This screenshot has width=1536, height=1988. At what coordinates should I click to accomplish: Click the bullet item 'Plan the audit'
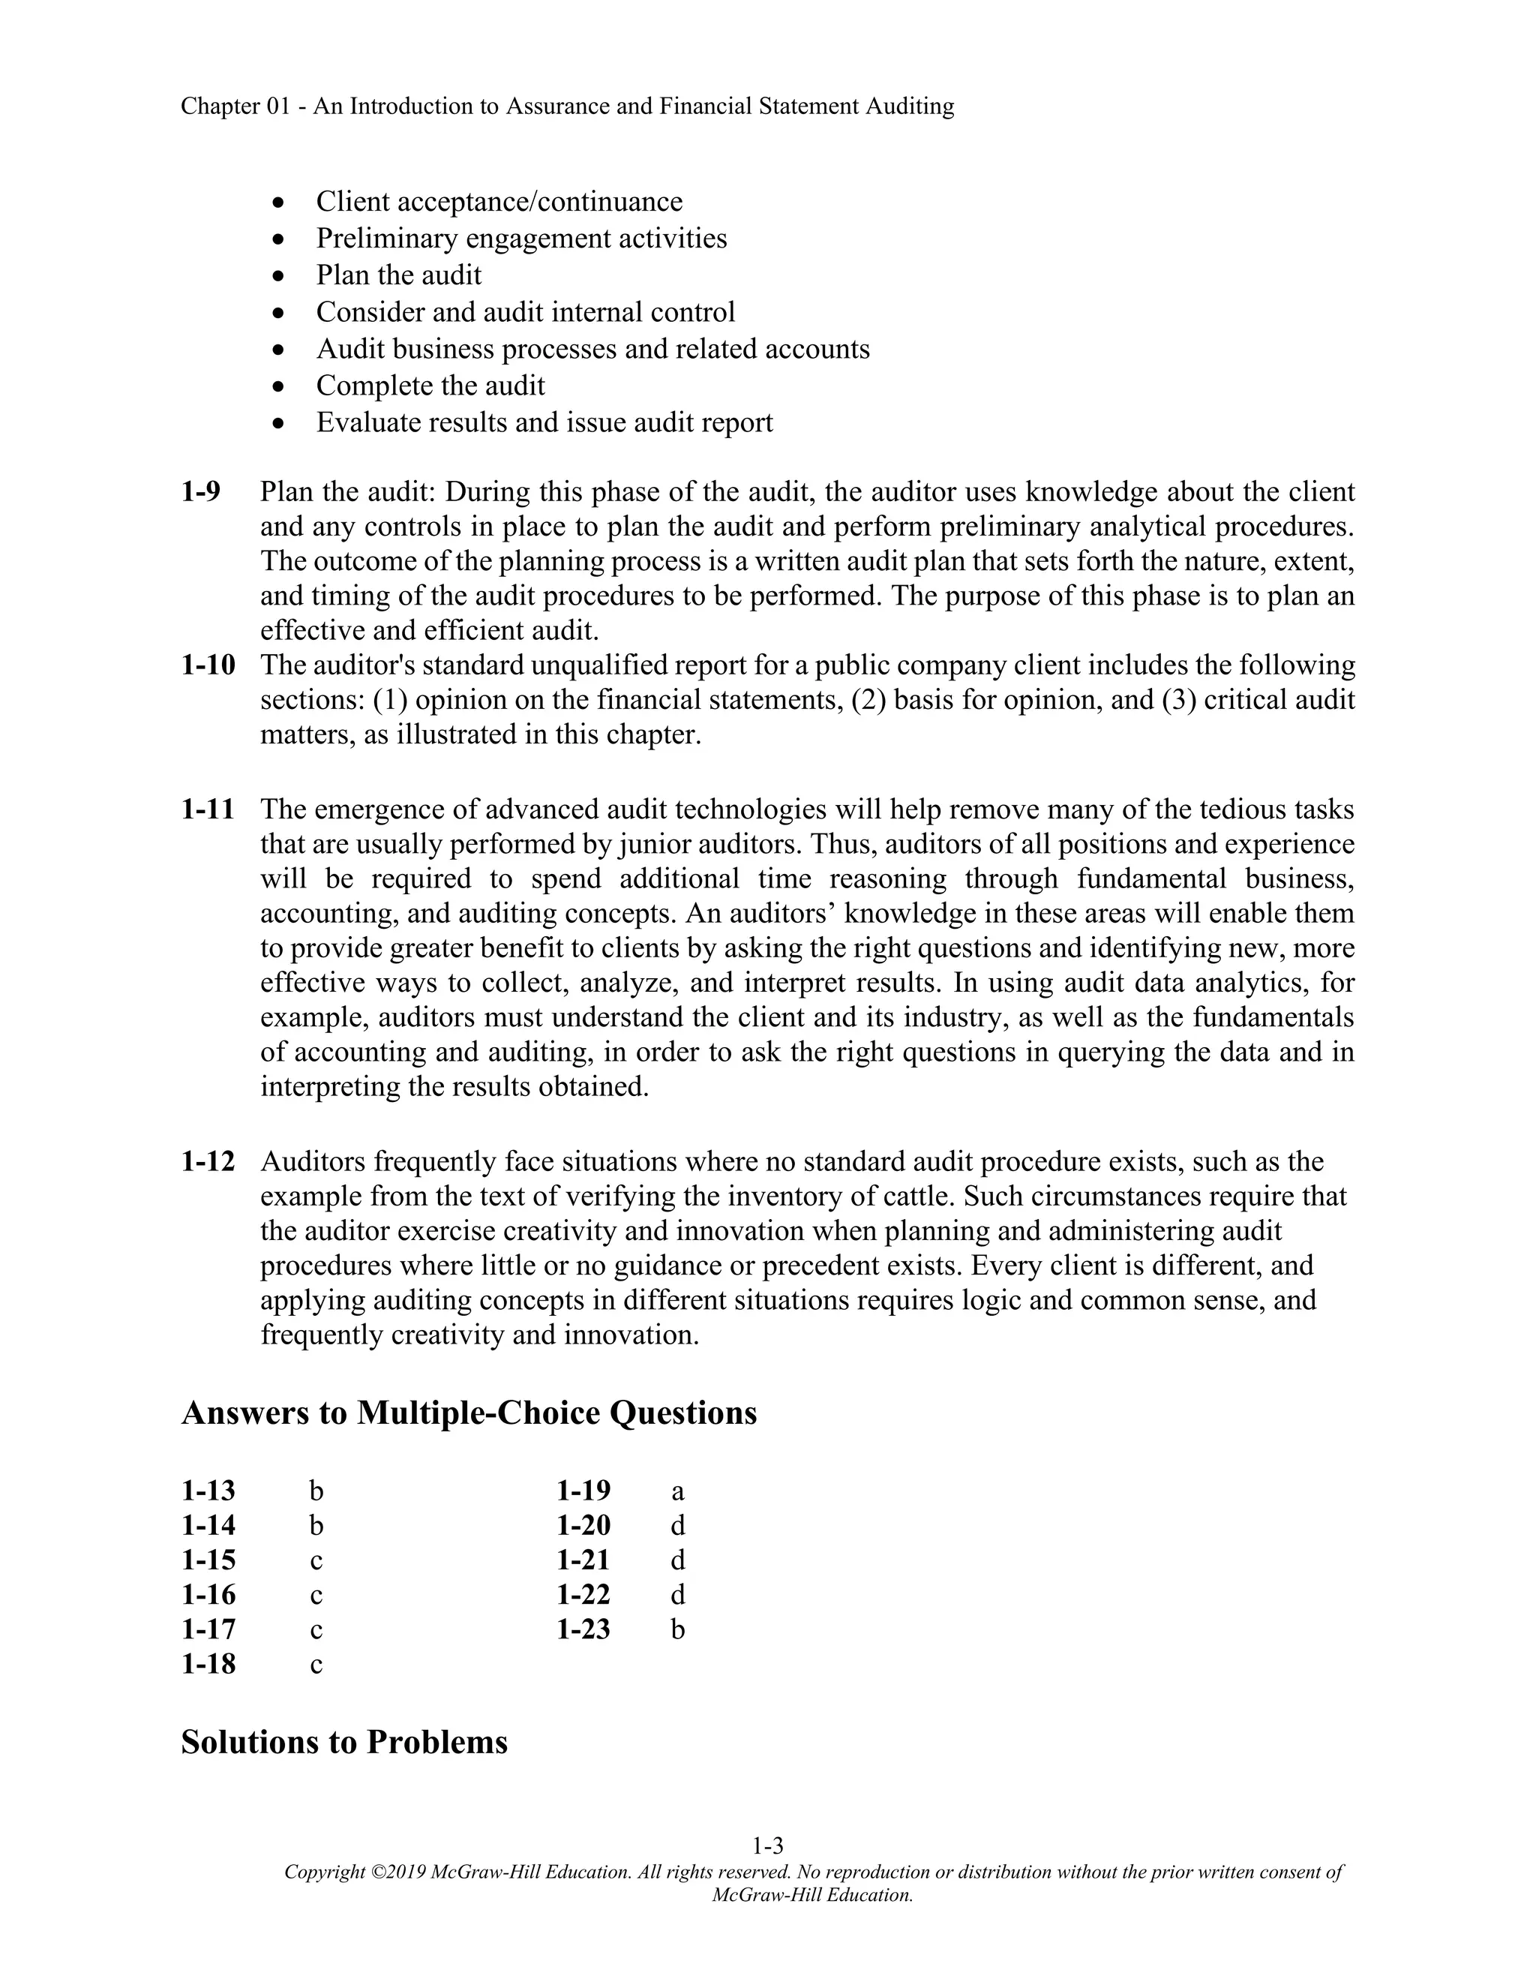point(398,275)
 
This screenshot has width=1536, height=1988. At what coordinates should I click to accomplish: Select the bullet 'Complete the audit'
point(430,385)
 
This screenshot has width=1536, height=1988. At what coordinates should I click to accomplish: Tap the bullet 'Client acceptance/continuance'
point(499,201)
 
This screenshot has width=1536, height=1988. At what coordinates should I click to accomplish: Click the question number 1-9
point(201,491)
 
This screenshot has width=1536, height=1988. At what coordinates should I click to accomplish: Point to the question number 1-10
point(208,665)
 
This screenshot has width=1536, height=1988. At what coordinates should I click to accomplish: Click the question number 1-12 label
point(208,1161)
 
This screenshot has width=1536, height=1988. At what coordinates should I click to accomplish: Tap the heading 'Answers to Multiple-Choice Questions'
point(469,1412)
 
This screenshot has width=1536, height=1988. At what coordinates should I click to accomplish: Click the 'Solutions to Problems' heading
point(344,1740)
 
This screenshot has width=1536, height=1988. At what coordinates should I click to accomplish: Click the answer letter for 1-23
point(677,1629)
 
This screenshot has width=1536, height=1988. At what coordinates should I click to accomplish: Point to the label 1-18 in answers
point(208,1664)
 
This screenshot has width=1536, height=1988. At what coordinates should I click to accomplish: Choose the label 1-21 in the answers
point(583,1560)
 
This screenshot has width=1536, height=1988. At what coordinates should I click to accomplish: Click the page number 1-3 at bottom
point(767,1846)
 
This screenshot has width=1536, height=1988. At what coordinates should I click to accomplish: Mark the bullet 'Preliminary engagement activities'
point(521,239)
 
